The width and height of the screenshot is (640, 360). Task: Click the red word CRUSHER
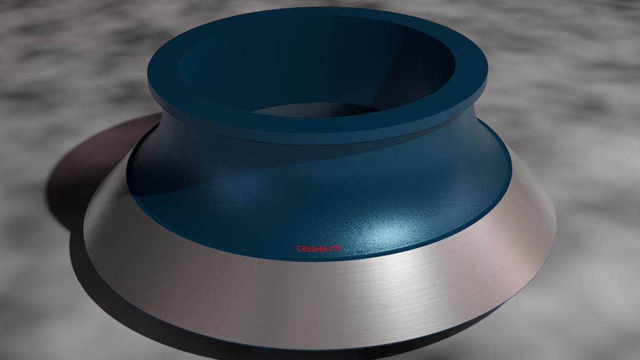(x=312, y=248)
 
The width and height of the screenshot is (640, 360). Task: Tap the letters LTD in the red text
(x=335, y=248)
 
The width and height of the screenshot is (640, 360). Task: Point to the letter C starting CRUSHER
(x=299, y=248)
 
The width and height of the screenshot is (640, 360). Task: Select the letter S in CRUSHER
(x=312, y=248)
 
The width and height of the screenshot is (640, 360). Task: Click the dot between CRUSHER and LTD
(x=329, y=250)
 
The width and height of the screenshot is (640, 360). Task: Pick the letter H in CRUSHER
(x=317, y=248)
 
